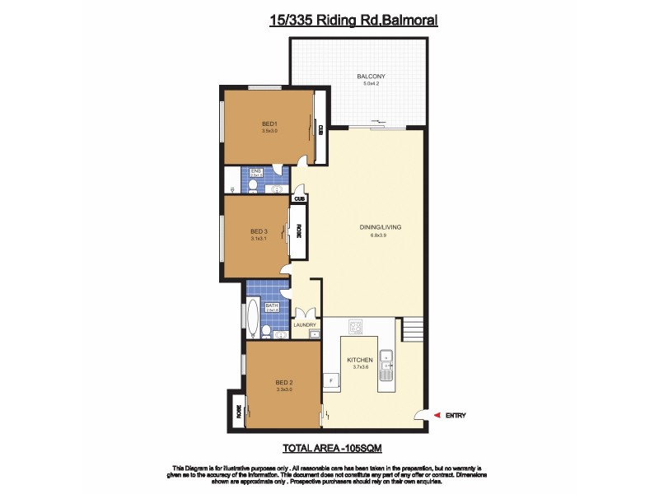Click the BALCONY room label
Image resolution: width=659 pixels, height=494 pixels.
coord(371,77)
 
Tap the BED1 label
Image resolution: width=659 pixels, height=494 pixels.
coord(269,124)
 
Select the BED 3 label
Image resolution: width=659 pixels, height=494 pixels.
coord(259,231)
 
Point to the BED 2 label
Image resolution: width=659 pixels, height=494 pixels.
coord(285,383)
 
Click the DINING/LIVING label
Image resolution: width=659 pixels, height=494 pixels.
coord(379,227)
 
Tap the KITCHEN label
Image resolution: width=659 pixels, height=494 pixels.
coord(360,361)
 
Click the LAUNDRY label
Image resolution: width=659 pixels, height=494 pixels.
coord(305,324)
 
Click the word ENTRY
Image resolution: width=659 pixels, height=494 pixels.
coord(456,416)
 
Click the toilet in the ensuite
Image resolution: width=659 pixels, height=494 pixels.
coord(252,187)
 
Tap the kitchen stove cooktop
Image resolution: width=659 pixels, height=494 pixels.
coord(357,328)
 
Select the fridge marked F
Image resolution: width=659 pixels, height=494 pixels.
coord(331,380)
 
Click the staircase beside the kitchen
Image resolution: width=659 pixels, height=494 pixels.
coord(414,330)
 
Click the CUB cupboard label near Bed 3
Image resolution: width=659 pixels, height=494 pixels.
coord(300,198)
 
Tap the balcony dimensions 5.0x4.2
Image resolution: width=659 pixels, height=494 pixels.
coord(371,83)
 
